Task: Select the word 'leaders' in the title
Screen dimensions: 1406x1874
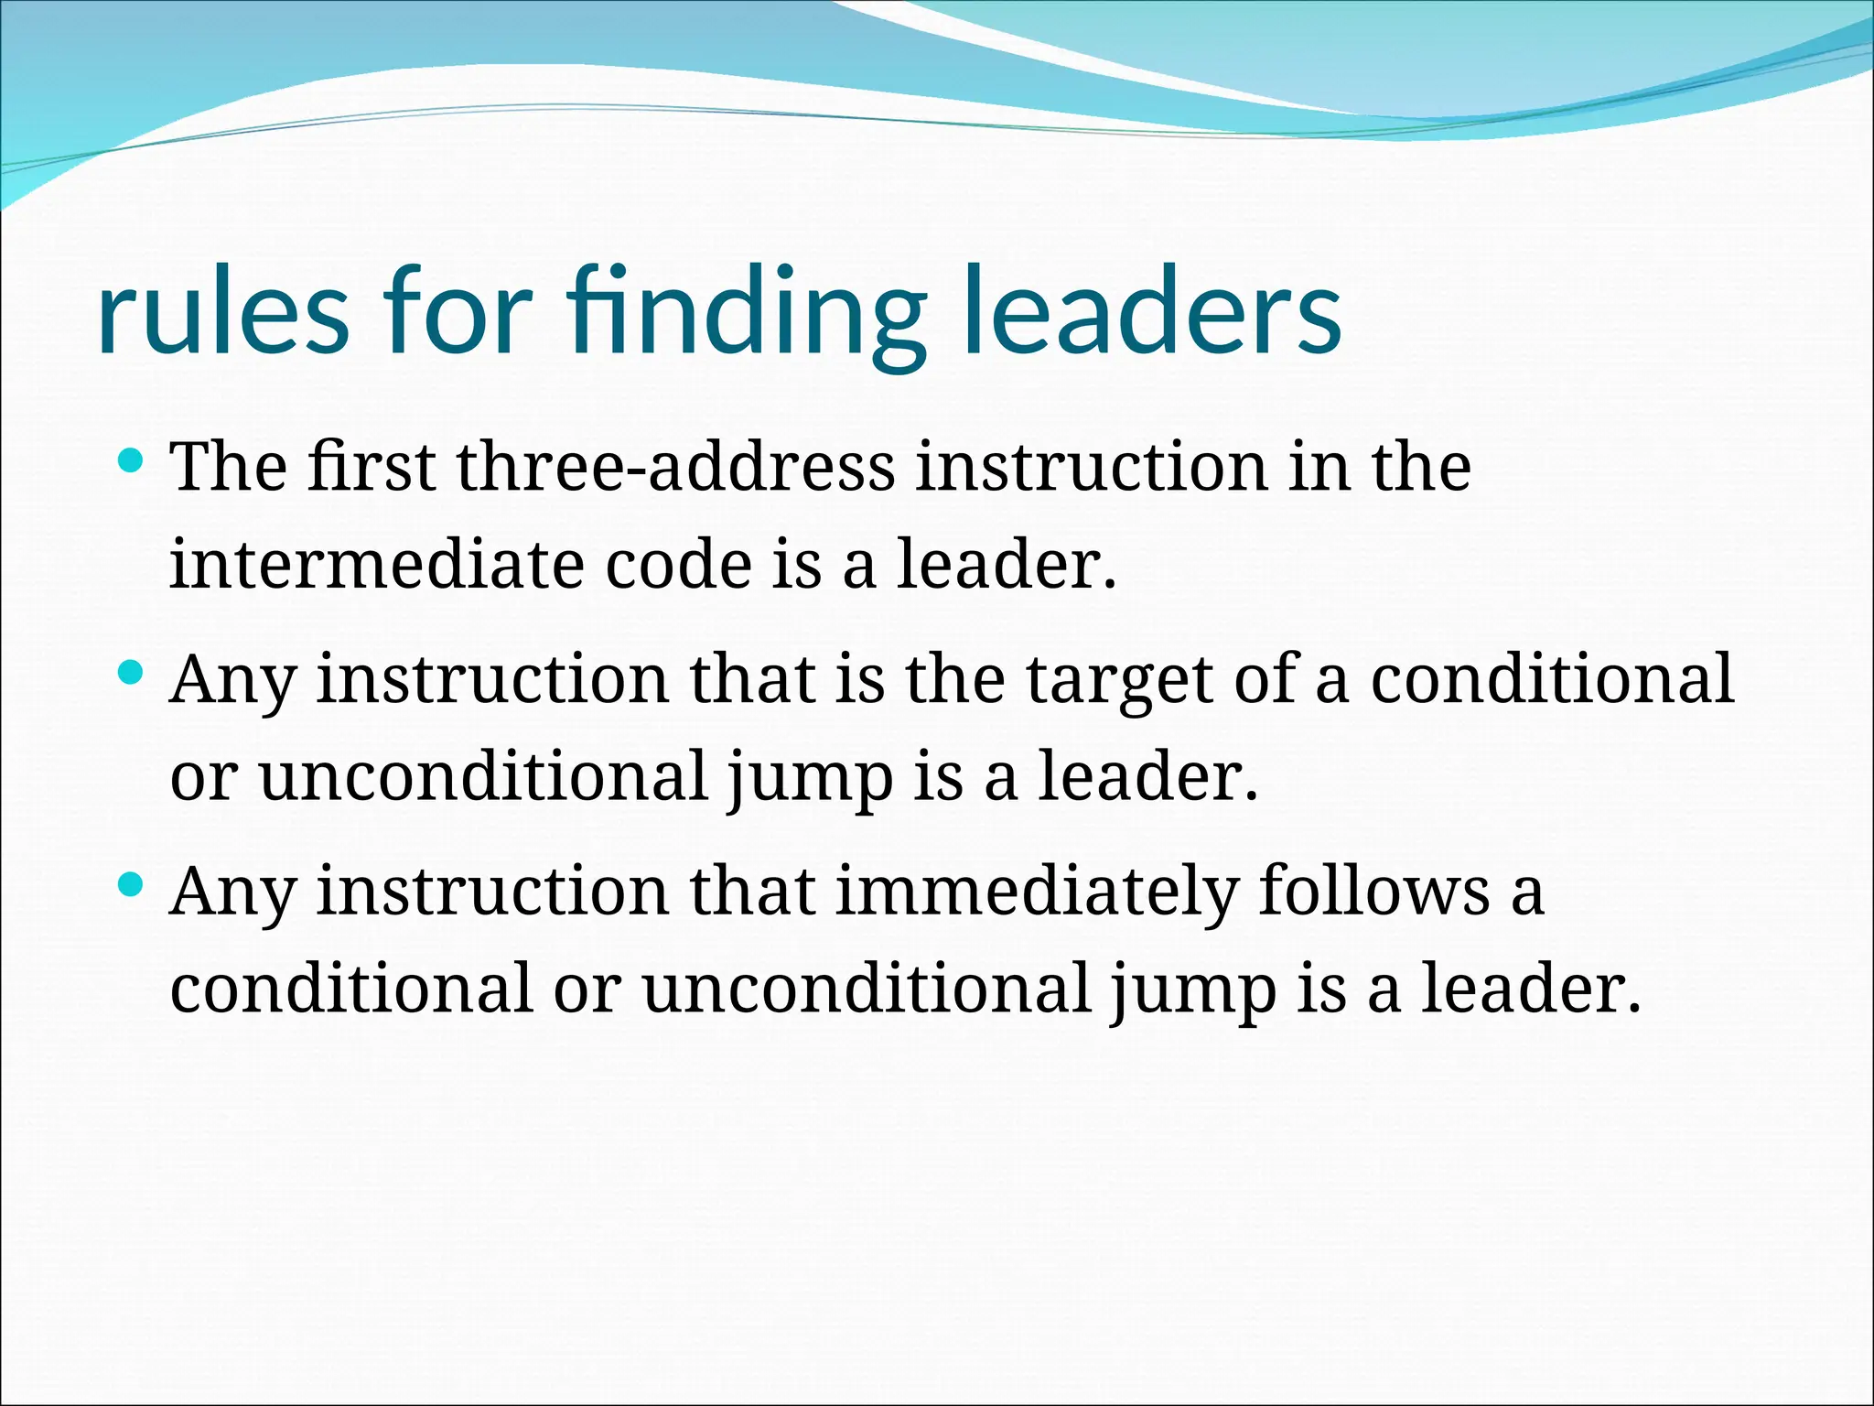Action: (1151, 313)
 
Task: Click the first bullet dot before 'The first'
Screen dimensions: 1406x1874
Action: (132, 459)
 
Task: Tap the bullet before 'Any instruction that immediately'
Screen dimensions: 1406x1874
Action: (132, 885)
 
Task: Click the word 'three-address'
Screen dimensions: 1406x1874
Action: (675, 467)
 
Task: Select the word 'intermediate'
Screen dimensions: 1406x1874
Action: (376, 564)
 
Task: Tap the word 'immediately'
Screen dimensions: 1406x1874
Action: (1036, 892)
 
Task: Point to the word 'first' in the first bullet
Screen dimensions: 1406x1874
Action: (371, 467)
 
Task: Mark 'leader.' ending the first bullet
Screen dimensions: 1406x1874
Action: (1007, 564)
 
